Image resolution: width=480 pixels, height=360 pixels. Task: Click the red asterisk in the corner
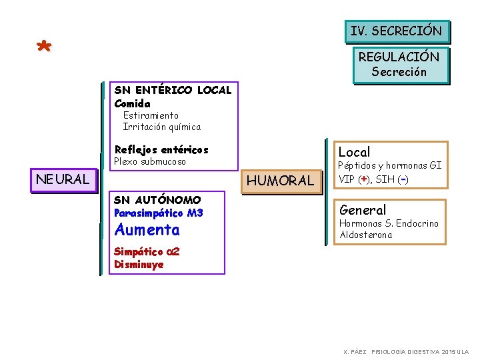(x=43, y=48)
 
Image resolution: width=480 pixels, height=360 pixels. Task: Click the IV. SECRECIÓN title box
(x=397, y=31)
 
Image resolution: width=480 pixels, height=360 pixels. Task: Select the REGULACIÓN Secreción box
(x=399, y=65)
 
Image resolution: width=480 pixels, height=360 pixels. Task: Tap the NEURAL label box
(x=63, y=179)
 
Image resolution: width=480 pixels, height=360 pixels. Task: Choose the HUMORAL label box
(x=280, y=180)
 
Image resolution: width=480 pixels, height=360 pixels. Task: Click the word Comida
(x=133, y=103)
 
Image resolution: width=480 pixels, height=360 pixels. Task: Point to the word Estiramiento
(x=151, y=115)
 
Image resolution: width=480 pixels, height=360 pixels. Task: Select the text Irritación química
(x=161, y=127)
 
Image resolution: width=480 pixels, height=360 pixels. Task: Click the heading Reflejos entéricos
(x=161, y=149)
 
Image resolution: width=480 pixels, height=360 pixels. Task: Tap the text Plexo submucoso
(x=150, y=161)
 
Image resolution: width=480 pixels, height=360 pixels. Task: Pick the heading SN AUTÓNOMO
(x=157, y=199)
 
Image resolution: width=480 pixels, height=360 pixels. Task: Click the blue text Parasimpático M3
(x=159, y=213)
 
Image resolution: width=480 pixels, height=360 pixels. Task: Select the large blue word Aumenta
(x=147, y=230)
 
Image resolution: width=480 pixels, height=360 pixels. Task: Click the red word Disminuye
(x=139, y=264)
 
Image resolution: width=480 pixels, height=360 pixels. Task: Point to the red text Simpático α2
(x=147, y=251)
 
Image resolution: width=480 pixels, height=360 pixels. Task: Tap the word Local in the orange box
(x=355, y=152)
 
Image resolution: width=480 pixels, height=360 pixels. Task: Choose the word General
(x=363, y=210)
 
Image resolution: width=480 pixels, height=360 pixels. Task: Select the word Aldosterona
(x=366, y=235)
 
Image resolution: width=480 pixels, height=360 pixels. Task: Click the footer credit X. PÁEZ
(x=355, y=351)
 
